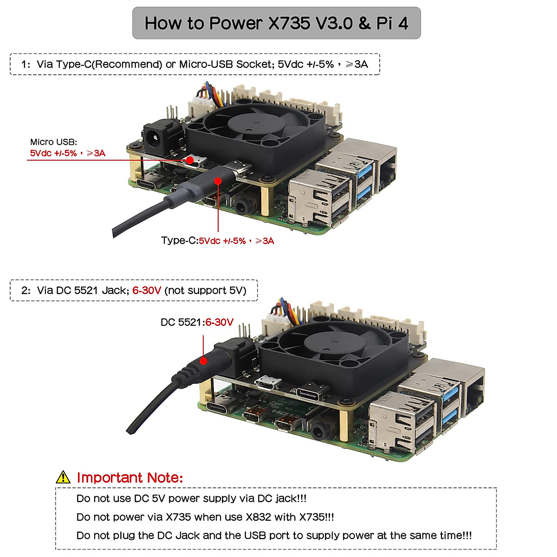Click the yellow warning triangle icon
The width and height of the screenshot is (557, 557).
[x=63, y=477]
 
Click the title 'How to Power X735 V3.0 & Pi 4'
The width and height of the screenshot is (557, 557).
[x=276, y=23]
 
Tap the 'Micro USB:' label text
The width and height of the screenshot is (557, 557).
[x=53, y=142]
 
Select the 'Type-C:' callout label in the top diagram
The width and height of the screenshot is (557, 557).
[x=179, y=240]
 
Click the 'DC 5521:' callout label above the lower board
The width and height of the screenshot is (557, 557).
[x=182, y=322]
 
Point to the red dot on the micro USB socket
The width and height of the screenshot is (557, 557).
[x=189, y=161]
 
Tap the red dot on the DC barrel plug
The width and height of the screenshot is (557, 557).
[x=203, y=361]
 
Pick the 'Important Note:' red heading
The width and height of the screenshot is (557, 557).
[x=130, y=478]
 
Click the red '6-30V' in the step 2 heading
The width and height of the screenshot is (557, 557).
[x=147, y=291]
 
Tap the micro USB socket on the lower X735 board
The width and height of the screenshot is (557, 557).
[x=268, y=383]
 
